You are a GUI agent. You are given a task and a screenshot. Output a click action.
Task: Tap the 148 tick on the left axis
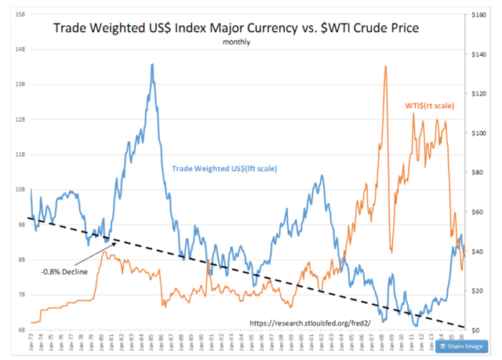coord(19,49)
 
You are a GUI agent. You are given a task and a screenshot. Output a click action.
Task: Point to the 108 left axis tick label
coord(19,190)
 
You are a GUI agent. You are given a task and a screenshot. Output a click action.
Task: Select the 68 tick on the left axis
coord(20,329)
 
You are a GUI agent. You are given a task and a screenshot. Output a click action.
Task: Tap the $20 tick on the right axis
coord(478,290)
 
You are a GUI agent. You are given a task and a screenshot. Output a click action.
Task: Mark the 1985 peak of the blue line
coord(151,64)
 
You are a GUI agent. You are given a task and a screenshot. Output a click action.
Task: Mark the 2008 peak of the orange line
coord(385,67)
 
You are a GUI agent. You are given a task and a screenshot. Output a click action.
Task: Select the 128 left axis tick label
coord(19,120)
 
